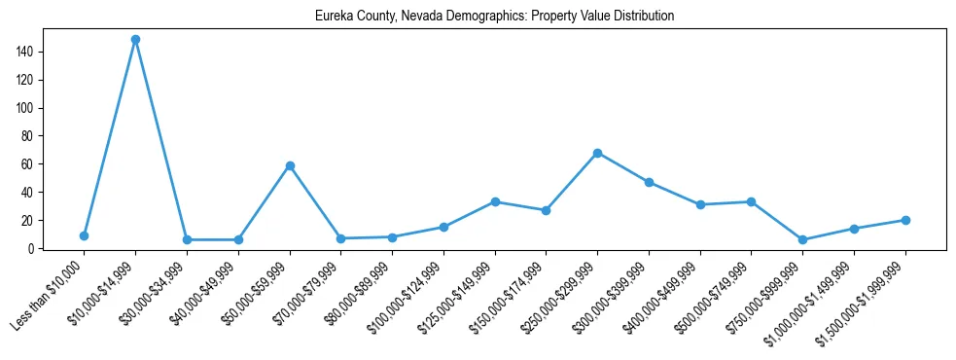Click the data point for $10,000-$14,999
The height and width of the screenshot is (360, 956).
point(135,40)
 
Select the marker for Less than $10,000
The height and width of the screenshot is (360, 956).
point(85,235)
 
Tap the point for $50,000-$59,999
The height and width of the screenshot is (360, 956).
point(290,166)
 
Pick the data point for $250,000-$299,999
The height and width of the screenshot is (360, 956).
point(597,153)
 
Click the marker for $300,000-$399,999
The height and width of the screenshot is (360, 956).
point(649,182)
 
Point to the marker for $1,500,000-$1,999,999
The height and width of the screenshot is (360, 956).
point(905,220)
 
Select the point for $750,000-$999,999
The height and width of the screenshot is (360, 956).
point(802,239)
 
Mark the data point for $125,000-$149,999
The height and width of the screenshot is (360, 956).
point(495,201)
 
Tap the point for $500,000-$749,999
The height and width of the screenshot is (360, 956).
point(751,201)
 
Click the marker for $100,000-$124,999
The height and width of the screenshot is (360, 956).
point(443,227)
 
